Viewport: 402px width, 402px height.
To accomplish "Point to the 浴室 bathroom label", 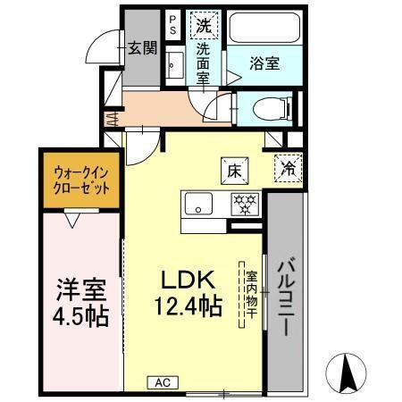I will coord(264,63).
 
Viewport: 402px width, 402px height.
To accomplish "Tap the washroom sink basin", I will coord(174,65).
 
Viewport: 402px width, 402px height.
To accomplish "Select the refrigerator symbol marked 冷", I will coord(289,166).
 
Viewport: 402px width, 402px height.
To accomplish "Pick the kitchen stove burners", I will coord(244,203).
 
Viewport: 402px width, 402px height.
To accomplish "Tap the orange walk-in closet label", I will coord(81,181).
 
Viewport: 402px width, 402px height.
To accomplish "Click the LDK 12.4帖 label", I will coord(191,293).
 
